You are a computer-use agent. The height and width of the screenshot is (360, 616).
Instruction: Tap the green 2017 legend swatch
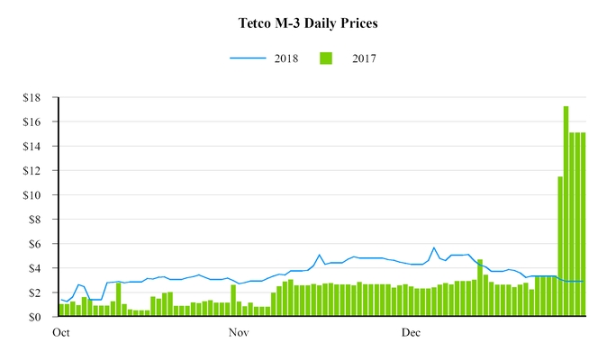pyautogui.click(x=327, y=58)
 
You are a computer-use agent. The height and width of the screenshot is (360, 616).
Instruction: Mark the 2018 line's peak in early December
pyautogui.click(x=434, y=247)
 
